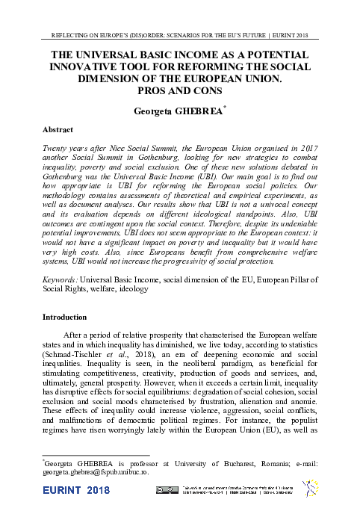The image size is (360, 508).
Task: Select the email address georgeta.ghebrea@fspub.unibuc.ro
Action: click(96, 472)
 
